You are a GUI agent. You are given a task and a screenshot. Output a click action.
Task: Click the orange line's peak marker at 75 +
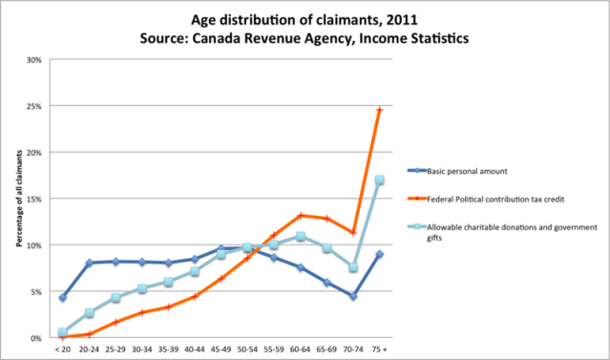(x=380, y=110)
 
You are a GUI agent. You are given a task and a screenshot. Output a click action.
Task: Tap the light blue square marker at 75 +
(x=380, y=180)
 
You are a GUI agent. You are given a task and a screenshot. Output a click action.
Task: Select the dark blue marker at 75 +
(x=380, y=254)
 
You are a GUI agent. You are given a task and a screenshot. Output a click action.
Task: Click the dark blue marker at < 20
(x=62, y=298)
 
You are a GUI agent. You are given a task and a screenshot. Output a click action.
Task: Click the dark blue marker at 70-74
(x=353, y=296)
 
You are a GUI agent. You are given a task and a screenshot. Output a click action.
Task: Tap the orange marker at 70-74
(x=353, y=232)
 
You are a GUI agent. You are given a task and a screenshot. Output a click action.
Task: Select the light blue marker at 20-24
(x=89, y=312)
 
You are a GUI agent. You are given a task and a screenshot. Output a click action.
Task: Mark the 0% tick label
(x=35, y=338)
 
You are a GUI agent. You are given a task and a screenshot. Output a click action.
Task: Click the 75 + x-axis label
(x=380, y=349)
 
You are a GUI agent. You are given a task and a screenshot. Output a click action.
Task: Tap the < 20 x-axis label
(x=62, y=349)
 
